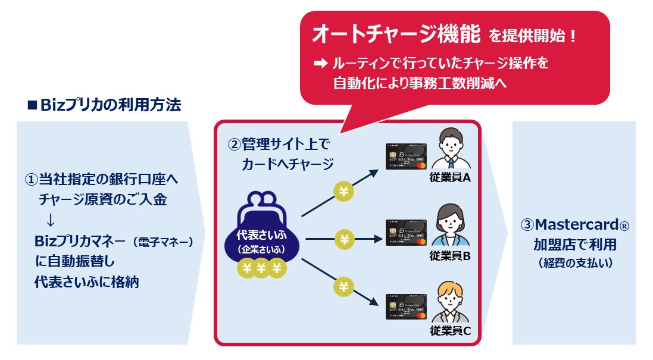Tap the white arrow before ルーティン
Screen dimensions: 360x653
coord(318,62)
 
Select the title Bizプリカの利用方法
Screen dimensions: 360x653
coord(105,106)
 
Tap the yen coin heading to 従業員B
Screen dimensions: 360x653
coord(344,239)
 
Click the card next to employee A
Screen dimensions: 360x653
coord(406,155)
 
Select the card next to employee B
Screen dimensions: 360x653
coord(406,233)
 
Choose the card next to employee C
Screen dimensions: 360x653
coord(406,306)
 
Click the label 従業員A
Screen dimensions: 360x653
coord(450,177)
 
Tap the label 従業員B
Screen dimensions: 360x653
coord(450,255)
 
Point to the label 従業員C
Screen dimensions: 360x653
coord(450,331)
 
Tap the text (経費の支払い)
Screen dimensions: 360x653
coord(574,263)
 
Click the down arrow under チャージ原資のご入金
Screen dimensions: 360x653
coord(50,220)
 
